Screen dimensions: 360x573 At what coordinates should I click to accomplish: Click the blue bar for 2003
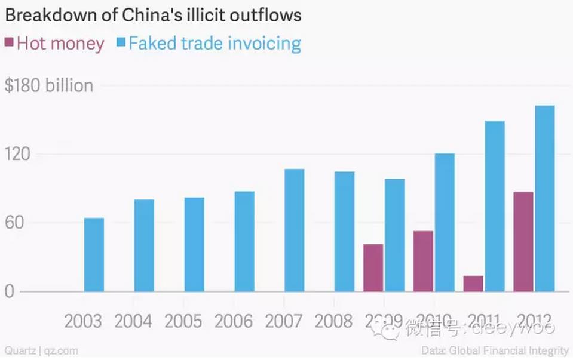94,255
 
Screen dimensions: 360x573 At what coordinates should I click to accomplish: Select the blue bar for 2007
294,230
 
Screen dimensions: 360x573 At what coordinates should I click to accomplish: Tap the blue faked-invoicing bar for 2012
544,199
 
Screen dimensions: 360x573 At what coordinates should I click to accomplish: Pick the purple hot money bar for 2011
473,284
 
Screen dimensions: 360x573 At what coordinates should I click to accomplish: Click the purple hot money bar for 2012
523,242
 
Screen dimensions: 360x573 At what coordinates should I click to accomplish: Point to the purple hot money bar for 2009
373,267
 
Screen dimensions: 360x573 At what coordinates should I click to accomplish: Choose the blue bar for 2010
445,223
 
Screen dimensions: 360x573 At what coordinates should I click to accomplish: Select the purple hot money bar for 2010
423,261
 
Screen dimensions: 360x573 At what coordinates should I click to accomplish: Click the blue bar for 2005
194,244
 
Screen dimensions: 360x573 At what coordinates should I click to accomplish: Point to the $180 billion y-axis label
49,85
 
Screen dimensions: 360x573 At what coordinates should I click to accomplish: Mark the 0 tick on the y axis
10,292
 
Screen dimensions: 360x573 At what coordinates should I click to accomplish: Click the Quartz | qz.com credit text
41,351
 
